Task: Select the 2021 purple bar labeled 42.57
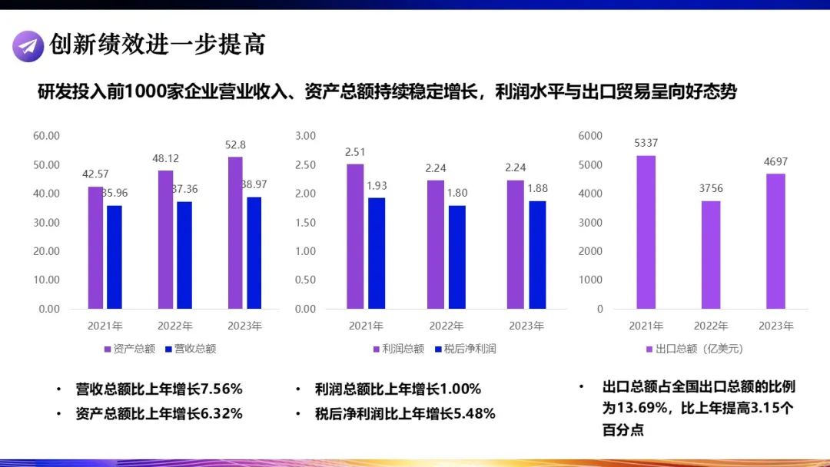95,247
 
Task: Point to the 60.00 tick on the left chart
46,136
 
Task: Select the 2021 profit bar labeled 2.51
355,236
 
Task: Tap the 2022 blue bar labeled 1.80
456,257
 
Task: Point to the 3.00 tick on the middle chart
305,136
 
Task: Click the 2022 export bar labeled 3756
711,254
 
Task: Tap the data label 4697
775,161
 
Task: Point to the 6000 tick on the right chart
590,136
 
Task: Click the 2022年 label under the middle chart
447,326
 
